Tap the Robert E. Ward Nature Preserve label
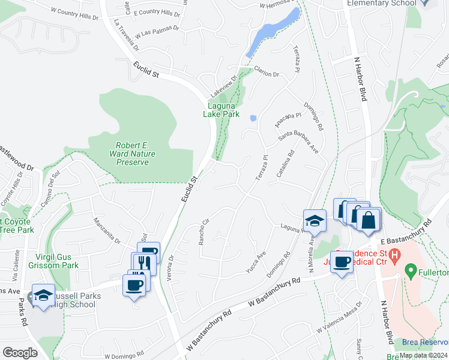(135, 154)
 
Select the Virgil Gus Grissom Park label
(53, 260)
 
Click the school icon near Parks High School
(43, 295)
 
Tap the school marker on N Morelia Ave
(315, 221)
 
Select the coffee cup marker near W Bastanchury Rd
(342, 262)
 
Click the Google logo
(20, 353)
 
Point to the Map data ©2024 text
(423, 355)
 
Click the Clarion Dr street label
(267, 71)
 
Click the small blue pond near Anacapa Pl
(253, 118)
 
